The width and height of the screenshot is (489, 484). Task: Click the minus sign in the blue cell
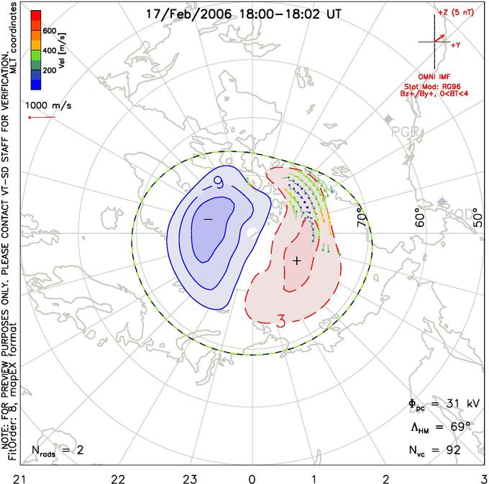(x=208, y=218)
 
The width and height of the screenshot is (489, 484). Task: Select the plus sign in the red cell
(x=296, y=261)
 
